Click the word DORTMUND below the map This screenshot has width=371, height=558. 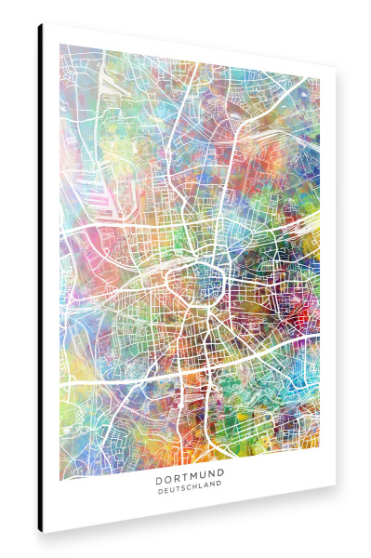190,497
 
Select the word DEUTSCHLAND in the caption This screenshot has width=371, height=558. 190,508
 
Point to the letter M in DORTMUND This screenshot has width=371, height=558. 193,497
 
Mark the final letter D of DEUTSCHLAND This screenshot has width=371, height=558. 220,508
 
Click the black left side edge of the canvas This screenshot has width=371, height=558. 40,279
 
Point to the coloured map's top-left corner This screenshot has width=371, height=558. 60,45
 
